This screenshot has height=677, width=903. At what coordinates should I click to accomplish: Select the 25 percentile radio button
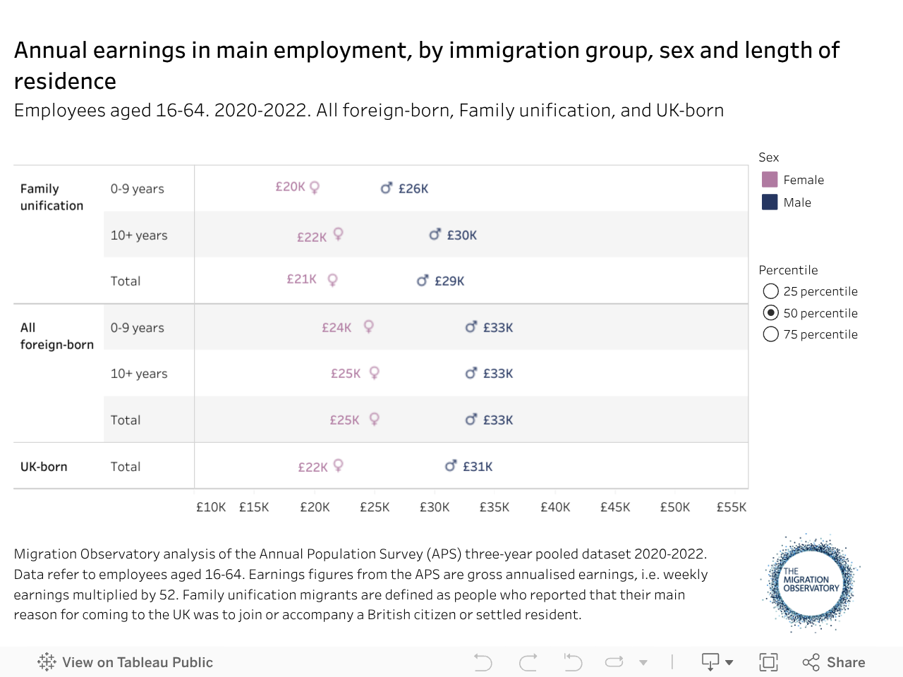pyautogui.click(x=771, y=291)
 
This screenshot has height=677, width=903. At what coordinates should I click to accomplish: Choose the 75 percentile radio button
pyautogui.click(x=771, y=334)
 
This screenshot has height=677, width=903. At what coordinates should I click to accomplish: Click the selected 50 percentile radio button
pyautogui.click(x=771, y=313)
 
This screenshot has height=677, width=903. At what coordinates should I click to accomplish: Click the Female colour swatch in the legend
pyautogui.click(x=770, y=180)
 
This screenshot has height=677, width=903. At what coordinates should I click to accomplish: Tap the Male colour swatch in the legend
pyautogui.click(x=770, y=202)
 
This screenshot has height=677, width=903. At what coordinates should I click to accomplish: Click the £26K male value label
pyautogui.click(x=413, y=189)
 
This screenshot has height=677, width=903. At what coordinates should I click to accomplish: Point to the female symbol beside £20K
pyautogui.click(x=315, y=188)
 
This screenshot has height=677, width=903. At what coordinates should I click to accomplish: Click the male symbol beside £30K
pyautogui.click(x=435, y=234)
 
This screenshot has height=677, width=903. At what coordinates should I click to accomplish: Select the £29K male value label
pyautogui.click(x=449, y=281)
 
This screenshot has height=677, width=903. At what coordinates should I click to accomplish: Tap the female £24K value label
pyautogui.click(x=337, y=328)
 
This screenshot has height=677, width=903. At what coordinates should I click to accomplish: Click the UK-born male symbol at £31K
pyautogui.click(x=451, y=465)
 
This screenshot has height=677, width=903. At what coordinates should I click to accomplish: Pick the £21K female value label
pyautogui.click(x=301, y=279)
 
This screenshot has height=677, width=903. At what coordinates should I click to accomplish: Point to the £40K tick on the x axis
pyautogui.click(x=555, y=507)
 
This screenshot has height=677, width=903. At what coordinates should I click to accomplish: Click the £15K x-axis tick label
pyautogui.click(x=254, y=507)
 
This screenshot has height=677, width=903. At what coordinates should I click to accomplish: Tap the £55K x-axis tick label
pyautogui.click(x=732, y=507)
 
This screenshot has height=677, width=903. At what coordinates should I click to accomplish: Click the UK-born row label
pyautogui.click(x=44, y=467)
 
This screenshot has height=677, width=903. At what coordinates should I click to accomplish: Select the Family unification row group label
pyautogui.click(x=51, y=197)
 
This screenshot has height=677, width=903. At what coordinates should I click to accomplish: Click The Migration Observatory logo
pyautogui.click(x=811, y=582)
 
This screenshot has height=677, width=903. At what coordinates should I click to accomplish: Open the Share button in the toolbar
pyautogui.click(x=834, y=662)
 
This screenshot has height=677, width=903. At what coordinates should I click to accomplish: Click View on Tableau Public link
pyautogui.click(x=126, y=662)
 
